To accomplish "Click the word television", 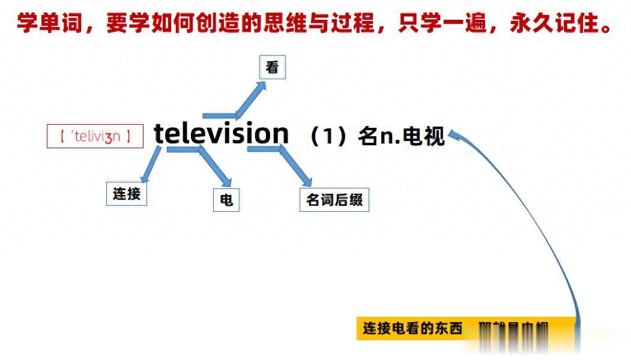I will click(x=221, y=133).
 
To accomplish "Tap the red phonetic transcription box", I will click(x=95, y=136).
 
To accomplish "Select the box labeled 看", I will click(x=272, y=67).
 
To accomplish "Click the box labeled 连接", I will click(x=127, y=194).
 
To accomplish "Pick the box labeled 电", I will click(x=226, y=200).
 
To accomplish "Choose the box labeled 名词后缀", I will click(x=334, y=200).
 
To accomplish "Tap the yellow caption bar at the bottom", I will click(x=462, y=328).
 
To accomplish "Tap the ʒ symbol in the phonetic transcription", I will click(x=108, y=137).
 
